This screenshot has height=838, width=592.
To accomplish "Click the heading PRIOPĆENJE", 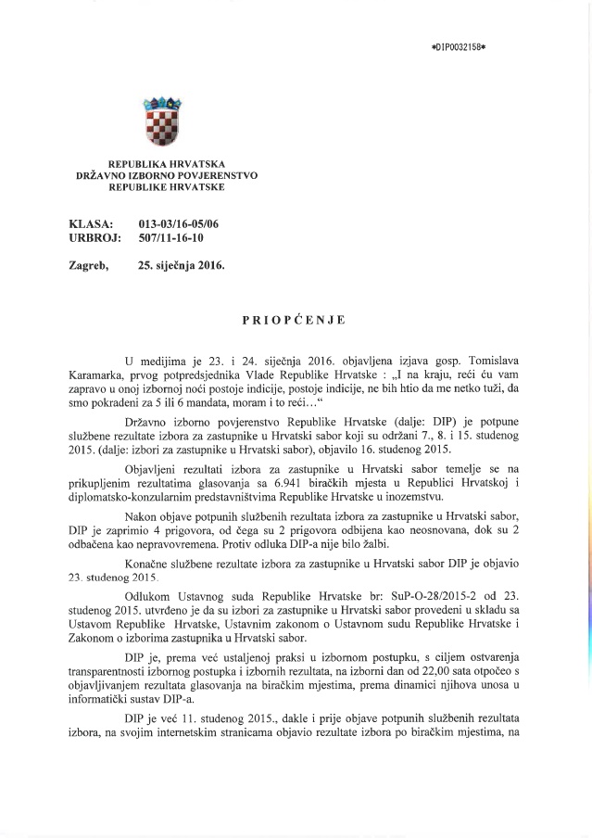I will [294, 320].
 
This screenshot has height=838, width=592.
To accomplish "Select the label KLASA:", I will [92, 224].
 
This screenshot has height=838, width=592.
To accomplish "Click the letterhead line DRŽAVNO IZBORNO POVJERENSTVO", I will [167, 174].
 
